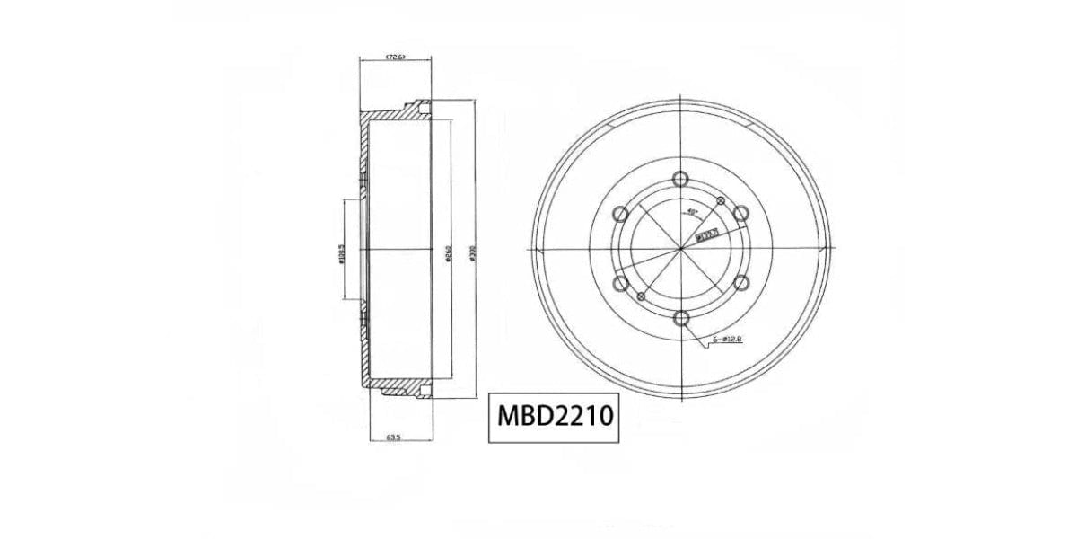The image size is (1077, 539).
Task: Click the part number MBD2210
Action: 554,417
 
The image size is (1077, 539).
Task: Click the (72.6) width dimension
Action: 395,57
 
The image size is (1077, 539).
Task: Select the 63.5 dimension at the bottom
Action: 392,437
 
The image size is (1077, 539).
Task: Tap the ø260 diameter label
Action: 447,255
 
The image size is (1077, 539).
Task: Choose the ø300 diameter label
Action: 472,253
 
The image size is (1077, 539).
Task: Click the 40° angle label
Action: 692,212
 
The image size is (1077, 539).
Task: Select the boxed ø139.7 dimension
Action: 708,236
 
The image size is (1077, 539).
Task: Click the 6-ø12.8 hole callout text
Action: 726,340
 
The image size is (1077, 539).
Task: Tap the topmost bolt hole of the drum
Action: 680,178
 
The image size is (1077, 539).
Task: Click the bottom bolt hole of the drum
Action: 680,317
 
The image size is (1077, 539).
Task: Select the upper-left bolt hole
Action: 620,213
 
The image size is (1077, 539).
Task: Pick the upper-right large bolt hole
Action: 740,213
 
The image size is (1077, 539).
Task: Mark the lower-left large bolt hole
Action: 620,283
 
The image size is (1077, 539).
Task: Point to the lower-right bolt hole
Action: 740,283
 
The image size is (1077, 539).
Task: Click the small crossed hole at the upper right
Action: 721,199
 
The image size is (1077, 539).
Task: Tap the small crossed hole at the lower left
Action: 640,296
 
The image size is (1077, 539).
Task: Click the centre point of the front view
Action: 680,248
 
